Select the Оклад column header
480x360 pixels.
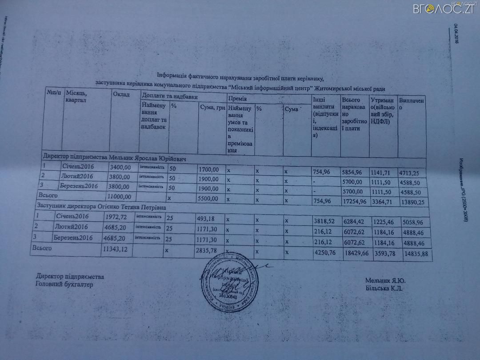click(121, 95)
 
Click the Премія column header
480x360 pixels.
click(237, 98)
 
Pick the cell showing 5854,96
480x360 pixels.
click(353, 172)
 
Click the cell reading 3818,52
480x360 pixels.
click(324, 221)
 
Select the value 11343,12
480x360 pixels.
click(115, 250)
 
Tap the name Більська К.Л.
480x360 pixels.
click(384, 288)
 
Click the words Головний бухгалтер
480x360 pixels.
click(65, 284)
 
